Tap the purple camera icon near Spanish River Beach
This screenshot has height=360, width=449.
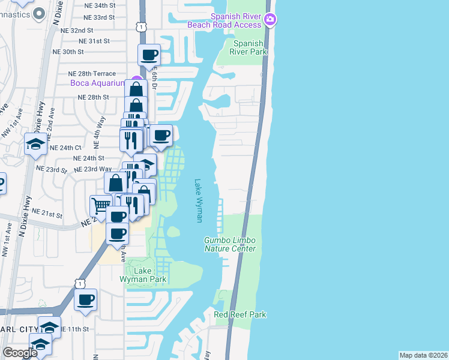pos(271,20)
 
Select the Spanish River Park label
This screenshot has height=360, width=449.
pos(249,47)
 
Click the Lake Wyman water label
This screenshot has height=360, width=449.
pos(198,201)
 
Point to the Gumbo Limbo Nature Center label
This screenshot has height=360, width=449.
pos(230,244)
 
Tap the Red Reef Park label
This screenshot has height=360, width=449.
pos(240,314)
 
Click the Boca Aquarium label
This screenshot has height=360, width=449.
pos(97,83)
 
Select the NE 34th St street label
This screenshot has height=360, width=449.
pos(109,5)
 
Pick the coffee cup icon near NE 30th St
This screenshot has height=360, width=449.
pos(149,56)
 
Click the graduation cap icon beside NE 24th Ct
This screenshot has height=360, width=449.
pos(35,143)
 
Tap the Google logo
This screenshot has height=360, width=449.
pos(20,353)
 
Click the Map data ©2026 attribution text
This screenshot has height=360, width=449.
pos(424,355)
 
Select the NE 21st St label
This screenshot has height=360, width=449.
pos(47,212)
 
